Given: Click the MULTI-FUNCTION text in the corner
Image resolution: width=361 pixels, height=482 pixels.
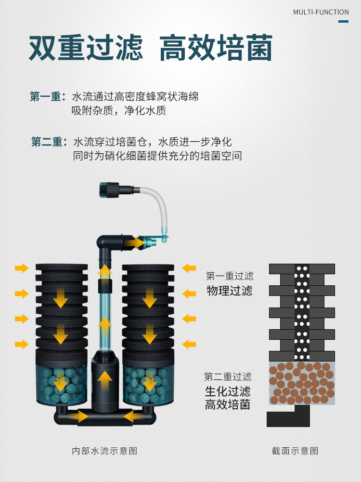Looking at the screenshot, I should tap(321, 12).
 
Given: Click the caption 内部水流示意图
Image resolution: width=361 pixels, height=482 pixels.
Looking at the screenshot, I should tap(104, 451).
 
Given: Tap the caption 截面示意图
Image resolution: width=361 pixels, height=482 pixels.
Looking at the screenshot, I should tap(295, 451).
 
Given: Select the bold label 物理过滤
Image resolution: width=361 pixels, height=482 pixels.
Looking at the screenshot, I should tap(230, 291).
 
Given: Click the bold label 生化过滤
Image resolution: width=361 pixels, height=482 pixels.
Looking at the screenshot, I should tap(228, 391).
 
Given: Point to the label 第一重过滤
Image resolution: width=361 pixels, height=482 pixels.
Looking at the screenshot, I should tap(230, 276).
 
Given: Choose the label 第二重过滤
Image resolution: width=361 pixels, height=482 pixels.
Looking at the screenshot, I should tap(228, 376).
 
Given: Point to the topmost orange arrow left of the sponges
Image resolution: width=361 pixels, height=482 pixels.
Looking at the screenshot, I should tap(22, 268).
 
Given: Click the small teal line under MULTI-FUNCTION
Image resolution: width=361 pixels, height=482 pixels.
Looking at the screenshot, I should tap(343, 21).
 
